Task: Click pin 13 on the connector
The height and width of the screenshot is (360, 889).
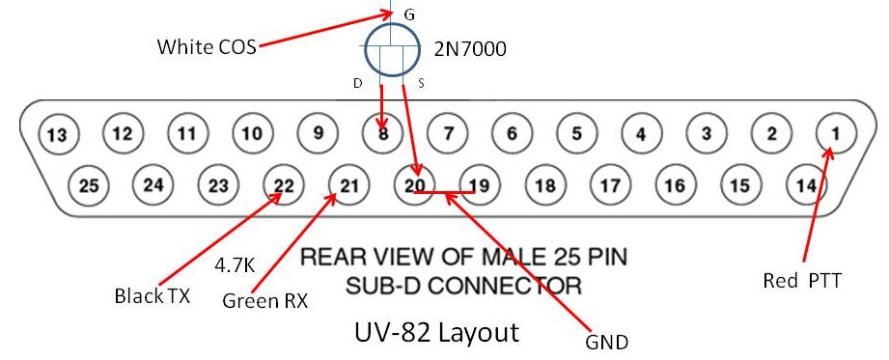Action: [x=60, y=134]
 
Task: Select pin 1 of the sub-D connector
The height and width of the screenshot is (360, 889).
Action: [x=835, y=132]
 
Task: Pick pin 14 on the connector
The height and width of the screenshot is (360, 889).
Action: [x=804, y=183]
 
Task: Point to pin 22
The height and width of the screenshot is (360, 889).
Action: [x=283, y=184]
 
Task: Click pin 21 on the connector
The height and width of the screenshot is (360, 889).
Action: [x=348, y=184]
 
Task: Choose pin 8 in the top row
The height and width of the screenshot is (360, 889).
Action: [x=383, y=134]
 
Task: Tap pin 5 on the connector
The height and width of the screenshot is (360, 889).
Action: [x=576, y=133]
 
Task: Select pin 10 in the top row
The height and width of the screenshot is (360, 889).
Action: [x=252, y=133]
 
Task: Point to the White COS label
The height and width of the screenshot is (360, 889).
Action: [x=208, y=45]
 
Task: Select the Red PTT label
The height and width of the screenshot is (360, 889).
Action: [x=802, y=281]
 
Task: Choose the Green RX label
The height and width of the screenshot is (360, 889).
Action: [x=264, y=300]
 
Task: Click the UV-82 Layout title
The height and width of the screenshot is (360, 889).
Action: [x=436, y=333]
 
